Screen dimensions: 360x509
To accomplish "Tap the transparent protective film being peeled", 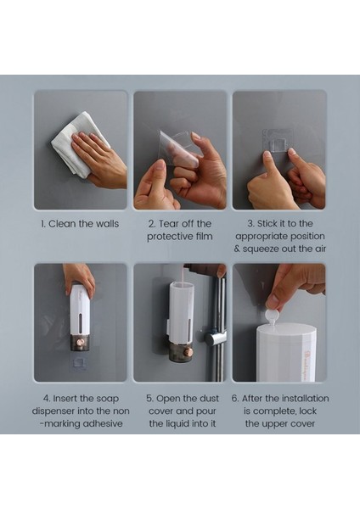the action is (x=177, y=148).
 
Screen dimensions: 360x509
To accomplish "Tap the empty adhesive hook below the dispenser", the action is (x=80, y=362).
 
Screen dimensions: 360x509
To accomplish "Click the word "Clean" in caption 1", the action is (x=63, y=224).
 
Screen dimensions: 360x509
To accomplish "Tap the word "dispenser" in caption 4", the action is (x=53, y=411).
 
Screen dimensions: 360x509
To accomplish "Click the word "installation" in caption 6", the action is (x=306, y=399).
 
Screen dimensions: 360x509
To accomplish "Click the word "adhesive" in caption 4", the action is (x=103, y=423).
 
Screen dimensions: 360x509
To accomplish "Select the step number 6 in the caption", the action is (x=234, y=399).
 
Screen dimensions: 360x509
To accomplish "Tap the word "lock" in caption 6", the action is (x=307, y=411).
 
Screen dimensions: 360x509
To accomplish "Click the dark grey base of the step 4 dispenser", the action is (x=81, y=344).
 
